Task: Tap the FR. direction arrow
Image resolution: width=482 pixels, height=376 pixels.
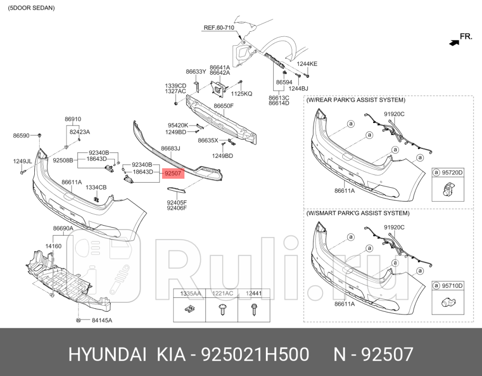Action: (454, 43)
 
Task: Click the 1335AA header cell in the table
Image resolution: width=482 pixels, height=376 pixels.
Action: (190, 294)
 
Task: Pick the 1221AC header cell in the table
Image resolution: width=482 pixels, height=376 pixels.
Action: (222, 294)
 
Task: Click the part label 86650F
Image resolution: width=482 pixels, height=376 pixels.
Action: (224, 106)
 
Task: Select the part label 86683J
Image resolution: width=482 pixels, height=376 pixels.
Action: (170, 148)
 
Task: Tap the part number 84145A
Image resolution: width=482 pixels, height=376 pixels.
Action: (101, 320)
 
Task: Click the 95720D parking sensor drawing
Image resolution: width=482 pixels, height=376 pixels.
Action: (447, 188)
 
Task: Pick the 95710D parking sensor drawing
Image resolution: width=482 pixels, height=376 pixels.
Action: (447, 301)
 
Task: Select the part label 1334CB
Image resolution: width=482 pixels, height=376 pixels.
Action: (96, 187)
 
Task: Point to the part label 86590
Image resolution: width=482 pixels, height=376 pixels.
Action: (21, 135)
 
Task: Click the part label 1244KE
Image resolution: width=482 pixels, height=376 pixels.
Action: (307, 64)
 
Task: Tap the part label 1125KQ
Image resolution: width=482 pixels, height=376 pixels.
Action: (241, 94)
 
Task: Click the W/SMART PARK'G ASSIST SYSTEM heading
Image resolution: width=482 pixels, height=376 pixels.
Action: (358, 213)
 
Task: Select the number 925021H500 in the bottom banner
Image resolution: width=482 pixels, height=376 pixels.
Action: (254, 355)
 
